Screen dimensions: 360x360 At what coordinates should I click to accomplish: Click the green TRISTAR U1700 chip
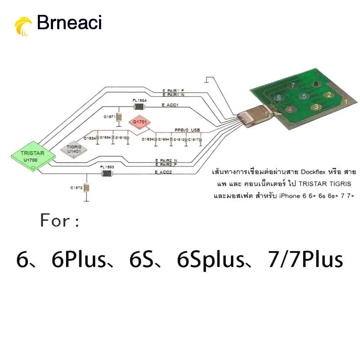point(33,157)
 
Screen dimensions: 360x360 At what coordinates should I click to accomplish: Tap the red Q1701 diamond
point(139,121)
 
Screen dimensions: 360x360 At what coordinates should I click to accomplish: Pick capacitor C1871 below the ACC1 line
point(119,117)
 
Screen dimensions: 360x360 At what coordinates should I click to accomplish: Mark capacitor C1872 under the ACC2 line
point(87,188)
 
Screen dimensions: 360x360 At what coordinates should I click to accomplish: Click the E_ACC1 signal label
point(170,105)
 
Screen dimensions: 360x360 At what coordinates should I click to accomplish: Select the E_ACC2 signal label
point(163,172)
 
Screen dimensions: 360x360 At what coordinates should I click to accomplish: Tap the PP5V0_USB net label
point(187,130)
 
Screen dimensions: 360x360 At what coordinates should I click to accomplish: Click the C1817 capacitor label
point(193,139)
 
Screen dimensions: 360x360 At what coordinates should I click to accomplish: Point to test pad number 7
point(293,85)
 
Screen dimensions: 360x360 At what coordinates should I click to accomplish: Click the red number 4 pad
point(290,108)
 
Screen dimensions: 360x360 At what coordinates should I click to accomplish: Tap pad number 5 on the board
point(304,96)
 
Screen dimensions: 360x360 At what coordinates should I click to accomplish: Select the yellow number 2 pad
point(329,94)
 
